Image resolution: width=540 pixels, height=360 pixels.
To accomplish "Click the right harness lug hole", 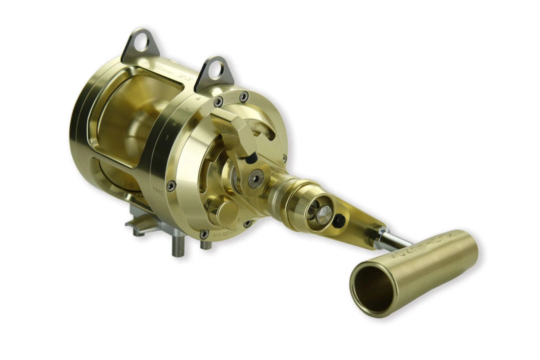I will pyautogui.click(x=216, y=70).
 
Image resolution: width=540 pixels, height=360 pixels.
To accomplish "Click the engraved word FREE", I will pyautogui.click(x=157, y=191).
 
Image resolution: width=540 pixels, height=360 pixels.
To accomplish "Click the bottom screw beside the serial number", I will pyautogui.click(x=204, y=234).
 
